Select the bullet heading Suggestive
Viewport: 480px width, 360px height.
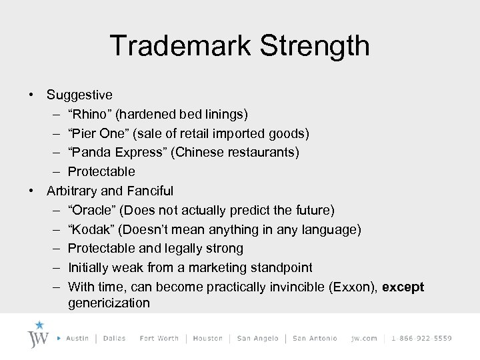click(79, 95)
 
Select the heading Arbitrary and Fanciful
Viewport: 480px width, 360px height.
click(110, 191)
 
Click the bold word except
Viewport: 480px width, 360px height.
click(403, 287)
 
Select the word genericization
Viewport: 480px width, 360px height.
click(109, 303)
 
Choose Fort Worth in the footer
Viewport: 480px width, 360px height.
click(159, 339)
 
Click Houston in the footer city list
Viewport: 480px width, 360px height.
click(208, 339)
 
